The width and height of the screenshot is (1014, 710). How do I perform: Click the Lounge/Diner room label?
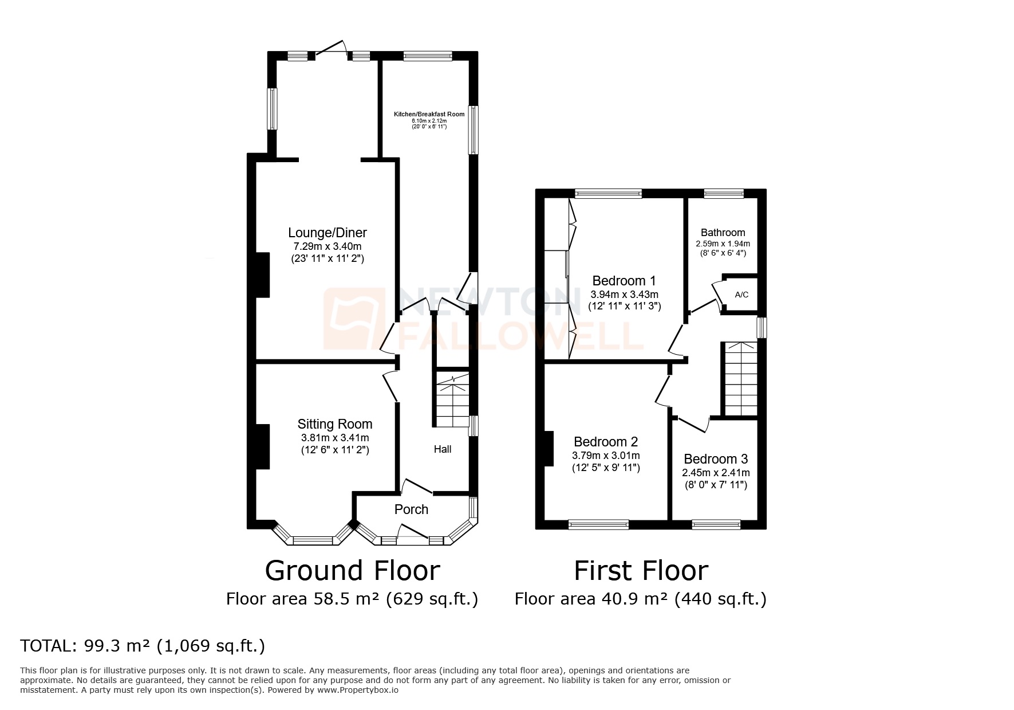pyautogui.click(x=327, y=233)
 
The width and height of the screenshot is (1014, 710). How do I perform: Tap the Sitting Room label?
pyautogui.click(x=334, y=424)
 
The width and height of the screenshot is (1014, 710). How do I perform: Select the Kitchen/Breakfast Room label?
pyautogui.click(x=429, y=114)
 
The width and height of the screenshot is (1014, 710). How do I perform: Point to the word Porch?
pyautogui.click(x=411, y=509)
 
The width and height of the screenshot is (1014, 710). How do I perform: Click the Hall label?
pyautogui.click(x=442, y=449)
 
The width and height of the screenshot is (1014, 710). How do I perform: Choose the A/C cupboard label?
pyautogui.click(x=741, y=295)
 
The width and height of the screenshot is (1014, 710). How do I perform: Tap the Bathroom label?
pyautogui.click(x=723, y=233)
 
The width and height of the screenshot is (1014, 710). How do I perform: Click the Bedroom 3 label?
pyautogui.click(x=716, y=459)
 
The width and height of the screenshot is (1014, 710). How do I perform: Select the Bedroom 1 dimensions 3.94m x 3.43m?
pyautogui.click(x=624, y=294)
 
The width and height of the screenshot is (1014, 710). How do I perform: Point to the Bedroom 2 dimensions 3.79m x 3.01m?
pyautogui.click(x=606, y=456)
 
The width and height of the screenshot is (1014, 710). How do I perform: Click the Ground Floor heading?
pyautogui.click(x=352, y=571)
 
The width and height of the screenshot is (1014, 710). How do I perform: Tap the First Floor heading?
pyautogui.click(x=641, y=571)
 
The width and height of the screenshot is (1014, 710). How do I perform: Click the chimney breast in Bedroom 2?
pyautogui.click(x=549, y=448)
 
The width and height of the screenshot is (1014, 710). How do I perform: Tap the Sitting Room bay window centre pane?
pyautogui.click(x=313, y=540)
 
